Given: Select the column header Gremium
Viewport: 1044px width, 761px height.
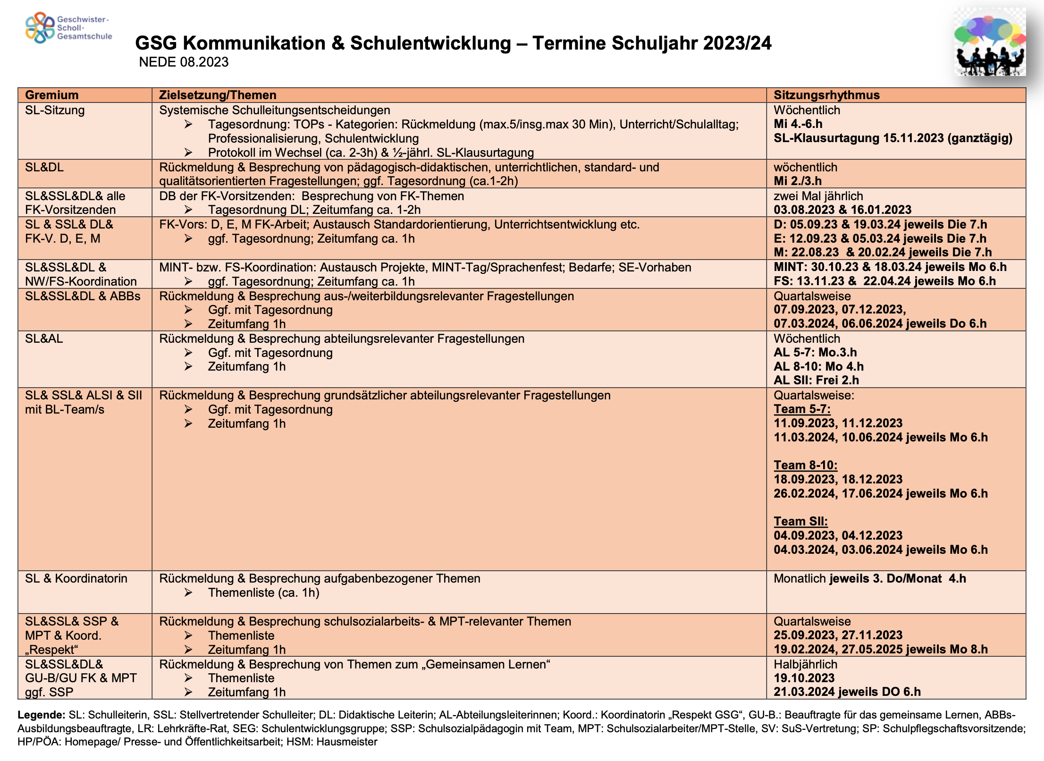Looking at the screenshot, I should [52, 95].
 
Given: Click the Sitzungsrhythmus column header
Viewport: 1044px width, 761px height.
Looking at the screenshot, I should [826, 95].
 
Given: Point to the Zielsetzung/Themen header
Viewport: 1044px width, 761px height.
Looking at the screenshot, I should [218, 95].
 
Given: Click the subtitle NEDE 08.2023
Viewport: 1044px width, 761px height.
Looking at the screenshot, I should [184, 62].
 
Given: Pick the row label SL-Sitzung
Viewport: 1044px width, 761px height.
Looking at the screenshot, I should [55, 110].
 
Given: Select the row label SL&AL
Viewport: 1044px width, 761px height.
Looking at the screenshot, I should [44, 338].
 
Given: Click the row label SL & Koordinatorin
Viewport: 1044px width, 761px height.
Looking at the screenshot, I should [76, 578].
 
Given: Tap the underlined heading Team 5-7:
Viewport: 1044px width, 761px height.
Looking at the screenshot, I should [802, 409].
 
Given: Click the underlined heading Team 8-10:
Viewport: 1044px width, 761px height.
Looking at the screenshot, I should [805, 465].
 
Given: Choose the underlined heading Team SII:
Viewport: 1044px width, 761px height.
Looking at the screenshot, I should [800, 521].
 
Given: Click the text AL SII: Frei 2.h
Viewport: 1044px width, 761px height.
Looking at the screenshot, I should [816, 380].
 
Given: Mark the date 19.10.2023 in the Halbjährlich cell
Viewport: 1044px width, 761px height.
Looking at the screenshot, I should [804, 678].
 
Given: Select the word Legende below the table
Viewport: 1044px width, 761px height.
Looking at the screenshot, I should [41, 715].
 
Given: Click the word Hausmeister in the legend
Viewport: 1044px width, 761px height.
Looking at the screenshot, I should [347, 742].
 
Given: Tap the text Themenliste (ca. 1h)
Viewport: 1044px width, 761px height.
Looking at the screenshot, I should [263, 592].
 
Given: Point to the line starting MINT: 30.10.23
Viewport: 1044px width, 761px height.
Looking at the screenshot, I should [890, 267].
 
